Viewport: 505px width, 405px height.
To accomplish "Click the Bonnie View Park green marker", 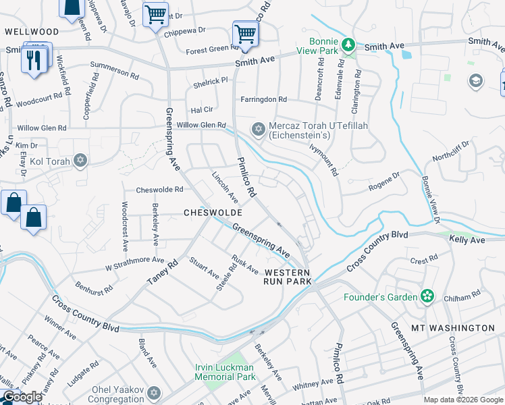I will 348,45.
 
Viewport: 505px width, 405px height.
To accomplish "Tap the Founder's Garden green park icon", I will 427,296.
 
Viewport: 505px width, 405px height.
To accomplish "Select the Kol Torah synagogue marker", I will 80,161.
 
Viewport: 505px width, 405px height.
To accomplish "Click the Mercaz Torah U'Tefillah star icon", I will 258,129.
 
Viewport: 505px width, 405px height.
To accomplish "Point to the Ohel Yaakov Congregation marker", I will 154,392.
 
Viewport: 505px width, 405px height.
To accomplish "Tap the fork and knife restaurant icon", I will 32,59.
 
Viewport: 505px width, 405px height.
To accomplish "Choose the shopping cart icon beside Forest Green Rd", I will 245,34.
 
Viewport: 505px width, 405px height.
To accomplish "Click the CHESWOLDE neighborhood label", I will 213,213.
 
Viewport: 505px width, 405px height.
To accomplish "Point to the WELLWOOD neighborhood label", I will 32,32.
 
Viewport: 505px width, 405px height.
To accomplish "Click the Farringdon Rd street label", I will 264,99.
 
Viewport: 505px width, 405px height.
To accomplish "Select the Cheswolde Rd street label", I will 160,190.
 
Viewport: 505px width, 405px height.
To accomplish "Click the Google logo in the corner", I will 22,397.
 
